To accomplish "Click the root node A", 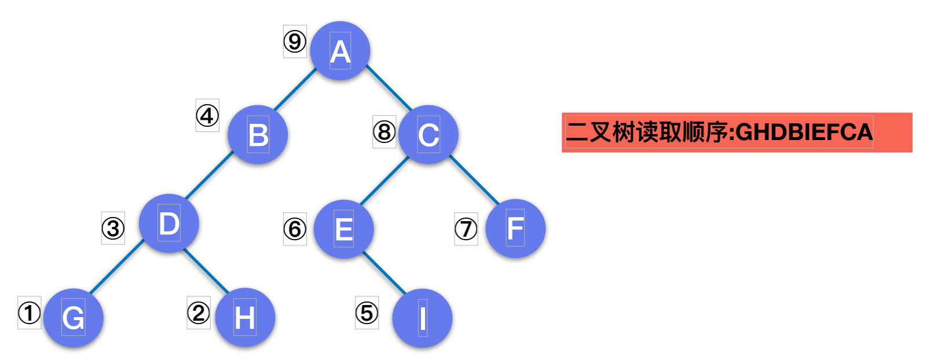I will click(340, 51).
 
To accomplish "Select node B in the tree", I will click(258, 135).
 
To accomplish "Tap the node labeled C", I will click(429, 135).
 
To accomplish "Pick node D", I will click(169, 223).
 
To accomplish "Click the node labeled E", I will click(343, 229).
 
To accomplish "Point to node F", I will click(515, 228).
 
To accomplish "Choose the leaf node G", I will click(74, 318).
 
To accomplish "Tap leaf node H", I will click(245, 318).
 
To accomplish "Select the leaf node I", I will click(422, 318).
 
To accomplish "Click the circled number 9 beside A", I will click(294, 41).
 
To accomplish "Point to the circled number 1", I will click(29, 313).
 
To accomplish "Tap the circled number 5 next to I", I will click(367, 313).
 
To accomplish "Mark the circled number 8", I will click(384, 131).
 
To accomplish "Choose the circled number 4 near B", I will click(207, 115).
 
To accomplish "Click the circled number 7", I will click(466, 229).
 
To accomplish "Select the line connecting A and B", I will click(295, 89).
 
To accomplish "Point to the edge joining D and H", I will click(206, 270).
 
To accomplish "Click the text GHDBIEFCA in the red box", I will click(804, 133).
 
